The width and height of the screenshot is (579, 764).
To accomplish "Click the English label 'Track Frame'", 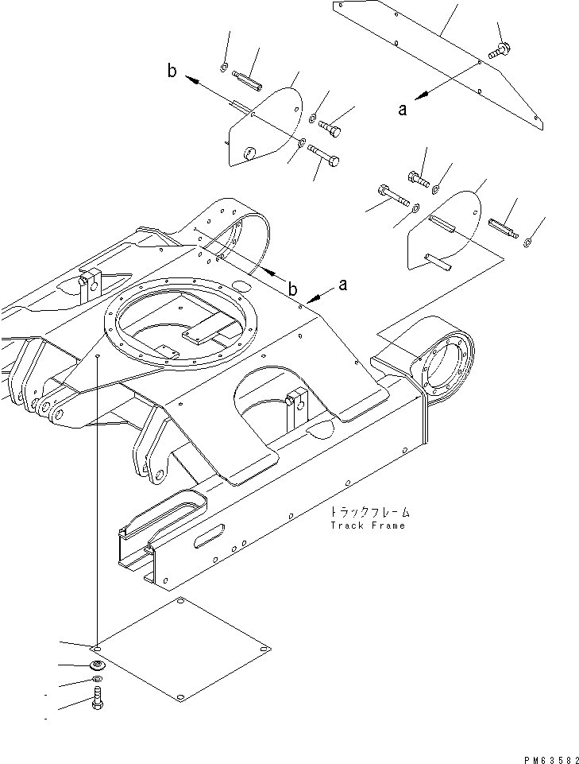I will pyautogui.click(x=368, y=525).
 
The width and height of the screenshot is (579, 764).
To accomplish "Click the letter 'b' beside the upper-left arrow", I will pyautogui.click(x=172, y=72).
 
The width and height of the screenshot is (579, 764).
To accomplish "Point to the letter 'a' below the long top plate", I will pyautogui.click(x=403, y=110).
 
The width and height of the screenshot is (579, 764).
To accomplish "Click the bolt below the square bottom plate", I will pyautogui.click(x=97, y=700).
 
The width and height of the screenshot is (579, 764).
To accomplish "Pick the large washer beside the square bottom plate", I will pyautogui.click(x=97, y=665).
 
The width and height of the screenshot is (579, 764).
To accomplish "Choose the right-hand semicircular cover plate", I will pyautogui.click(x=445, y=231).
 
